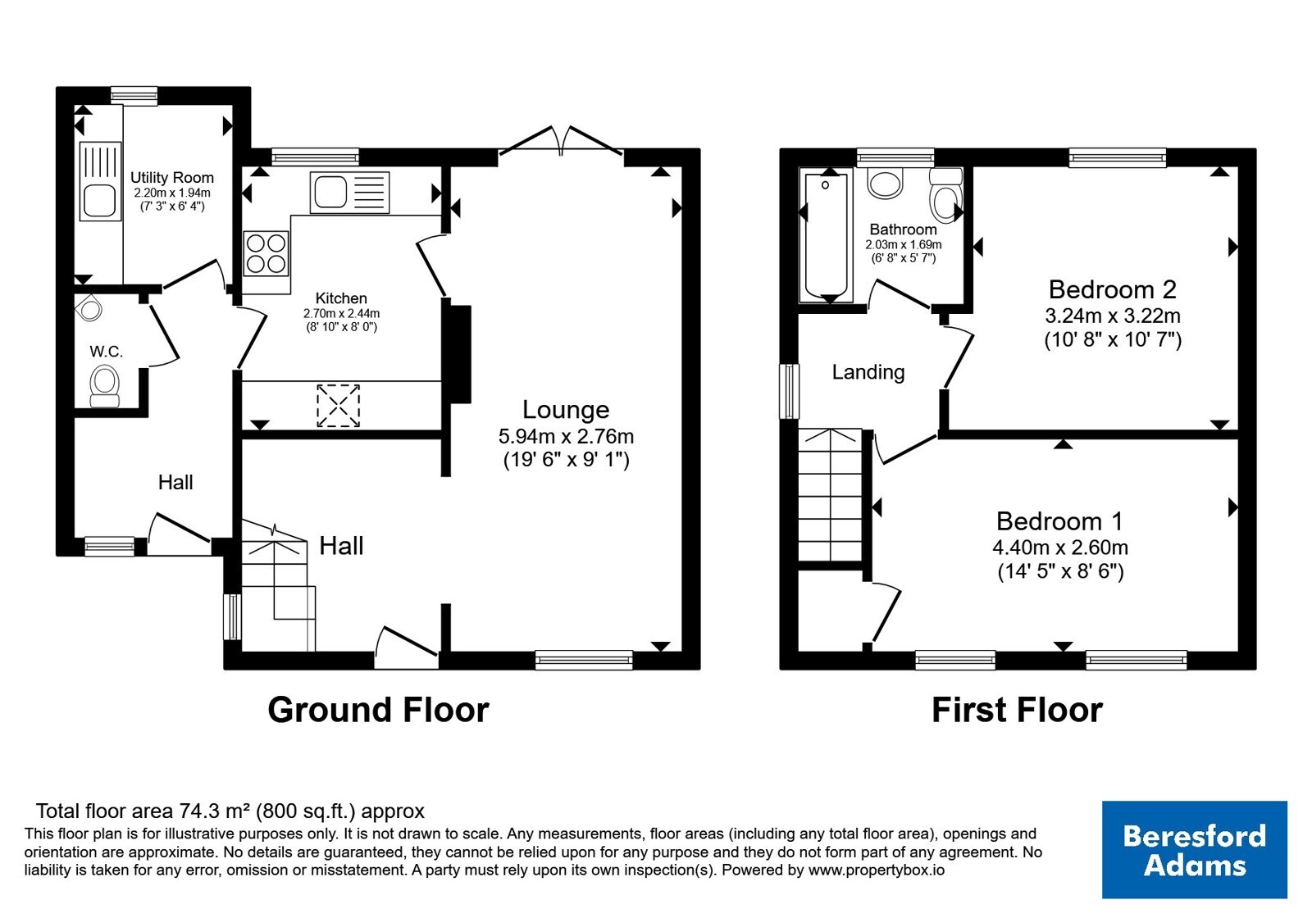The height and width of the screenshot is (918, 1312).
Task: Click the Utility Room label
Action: pyautogui.click(x=171, y=177)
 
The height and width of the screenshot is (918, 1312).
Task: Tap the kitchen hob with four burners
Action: pyautogui.click(x=266, y=253)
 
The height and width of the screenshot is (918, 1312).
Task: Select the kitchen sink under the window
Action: pyautogui.click(x=349, y=192)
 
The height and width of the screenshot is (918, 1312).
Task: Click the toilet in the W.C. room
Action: pyautogui.click(x=104, y=386)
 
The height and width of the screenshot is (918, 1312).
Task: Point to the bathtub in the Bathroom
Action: pyautogui.click(x=827, y=237)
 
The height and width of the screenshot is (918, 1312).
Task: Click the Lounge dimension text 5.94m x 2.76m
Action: pyautogui.click(x=566, y=436)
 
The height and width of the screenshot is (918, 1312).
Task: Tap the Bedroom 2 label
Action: pyautogui.click(x=1112, y=289)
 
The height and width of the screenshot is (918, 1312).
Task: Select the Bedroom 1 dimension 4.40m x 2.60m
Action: pyautogui.click(x=1060, y=548)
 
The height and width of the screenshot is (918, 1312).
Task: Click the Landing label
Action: pyautogui.click(x=868, y=372)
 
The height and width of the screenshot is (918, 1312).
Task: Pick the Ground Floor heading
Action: pyautogui.click(x=378, y=710)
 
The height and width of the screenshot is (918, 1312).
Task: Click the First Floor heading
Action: pyautogui.click(x=1018, y=710)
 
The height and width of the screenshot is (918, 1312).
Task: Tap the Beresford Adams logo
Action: pyautogui.click(x=1194, y=849)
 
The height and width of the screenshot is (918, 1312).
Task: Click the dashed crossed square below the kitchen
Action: pyautogui.click(x=338, y=405)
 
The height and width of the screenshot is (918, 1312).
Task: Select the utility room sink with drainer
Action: pyautogui.click(x=100, y=181)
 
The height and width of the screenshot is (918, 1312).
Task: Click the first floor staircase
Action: pyautogui.click(x=830, y=495)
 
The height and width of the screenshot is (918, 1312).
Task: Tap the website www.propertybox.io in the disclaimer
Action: pyautogui.click(x=877, y=870)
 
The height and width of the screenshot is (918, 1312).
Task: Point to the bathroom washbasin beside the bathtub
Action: pyautogui.click(x=885, y=183)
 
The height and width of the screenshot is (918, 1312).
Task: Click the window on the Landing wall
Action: pyautogui.click(x=789, y=392)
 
